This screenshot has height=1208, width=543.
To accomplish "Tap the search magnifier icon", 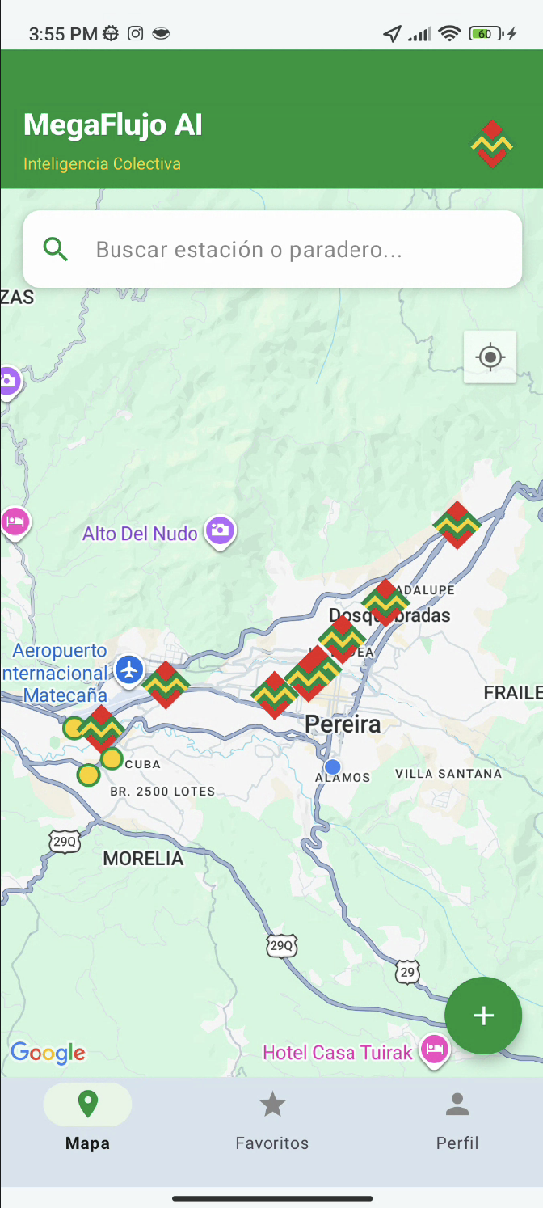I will [x=55, y=249].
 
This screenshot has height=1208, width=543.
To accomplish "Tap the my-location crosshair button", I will [x=490, y=357].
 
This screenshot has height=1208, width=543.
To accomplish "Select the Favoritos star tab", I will [x=272, y=1120].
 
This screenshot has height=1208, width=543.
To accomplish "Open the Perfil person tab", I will [x=457, y=1120].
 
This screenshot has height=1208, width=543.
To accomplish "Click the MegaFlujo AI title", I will [x=113, y=125].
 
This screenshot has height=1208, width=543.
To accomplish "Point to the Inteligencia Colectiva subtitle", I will [x=102, y=164].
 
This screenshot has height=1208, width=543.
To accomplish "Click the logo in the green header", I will [x=492, y=145].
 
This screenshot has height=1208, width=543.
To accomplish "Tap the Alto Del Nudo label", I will [x=140, y=534].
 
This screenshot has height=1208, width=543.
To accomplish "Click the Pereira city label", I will [x=343, y=724].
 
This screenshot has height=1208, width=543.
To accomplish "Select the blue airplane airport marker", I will [x=129, y=669].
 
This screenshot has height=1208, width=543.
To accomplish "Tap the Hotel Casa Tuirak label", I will [x=338, y=1052].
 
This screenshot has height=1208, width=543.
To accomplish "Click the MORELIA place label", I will [x=143, y=859].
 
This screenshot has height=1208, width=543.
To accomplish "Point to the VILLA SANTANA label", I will [x=448, y=774].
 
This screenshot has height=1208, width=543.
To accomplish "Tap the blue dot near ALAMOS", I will [x=332, y=766].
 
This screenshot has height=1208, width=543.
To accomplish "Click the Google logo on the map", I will [x=48, y=1053].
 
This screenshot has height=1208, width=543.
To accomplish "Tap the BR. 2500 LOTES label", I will [x=162, y=791].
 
